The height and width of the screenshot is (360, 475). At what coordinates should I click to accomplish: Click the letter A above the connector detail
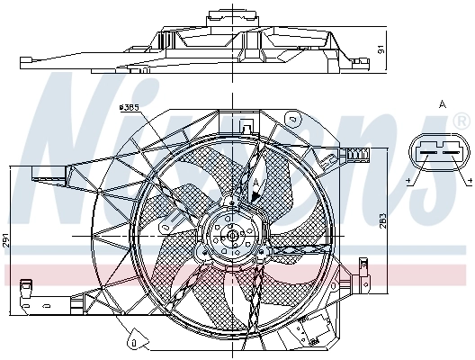pos(442,105)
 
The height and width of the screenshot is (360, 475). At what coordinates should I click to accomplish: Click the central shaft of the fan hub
pos(233,236)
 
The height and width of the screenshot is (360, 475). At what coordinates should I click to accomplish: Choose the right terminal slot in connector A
pos(451,152)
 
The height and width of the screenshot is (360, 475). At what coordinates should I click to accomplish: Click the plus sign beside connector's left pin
pos(409,184)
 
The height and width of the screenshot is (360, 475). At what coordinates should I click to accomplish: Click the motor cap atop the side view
pos(219,17)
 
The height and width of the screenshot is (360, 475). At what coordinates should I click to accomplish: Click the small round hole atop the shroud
pos(293,118)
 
